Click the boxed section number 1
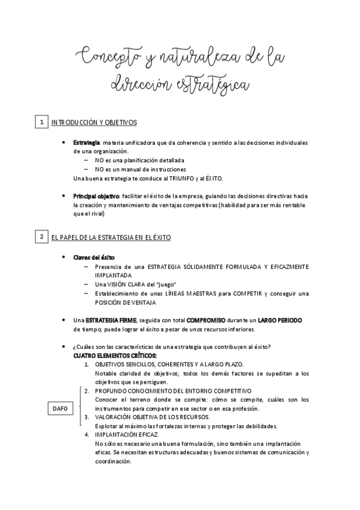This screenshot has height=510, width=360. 41,123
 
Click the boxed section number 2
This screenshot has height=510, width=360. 41,238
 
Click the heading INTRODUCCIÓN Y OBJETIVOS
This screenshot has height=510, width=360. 94,123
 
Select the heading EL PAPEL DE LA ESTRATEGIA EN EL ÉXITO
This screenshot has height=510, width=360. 111,238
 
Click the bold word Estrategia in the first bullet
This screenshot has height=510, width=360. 87,143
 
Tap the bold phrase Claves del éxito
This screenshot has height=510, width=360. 94,257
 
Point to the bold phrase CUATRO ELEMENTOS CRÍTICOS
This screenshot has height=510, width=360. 114,355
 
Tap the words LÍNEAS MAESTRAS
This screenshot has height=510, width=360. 204,293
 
